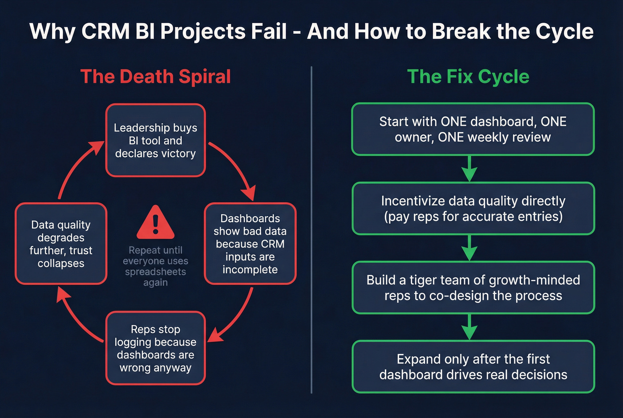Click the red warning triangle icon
tap(155, 223)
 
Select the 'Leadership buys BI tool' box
tap(155, 140)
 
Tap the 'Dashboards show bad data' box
tap(250, 243)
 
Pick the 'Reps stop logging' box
tap(155, 348)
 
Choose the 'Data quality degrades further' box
tap(61, 243)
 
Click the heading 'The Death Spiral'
tap(155, 77)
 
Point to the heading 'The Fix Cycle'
tap(468, 77)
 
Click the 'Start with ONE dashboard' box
tap(473, 129)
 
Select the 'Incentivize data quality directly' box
tap(473, 208)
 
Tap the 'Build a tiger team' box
tap(473, 288)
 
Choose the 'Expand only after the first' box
tap(473, 366)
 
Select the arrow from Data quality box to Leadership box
tap(73, 167)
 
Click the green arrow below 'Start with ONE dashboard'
tap(469, 169)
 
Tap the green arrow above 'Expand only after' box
tap(469, 327)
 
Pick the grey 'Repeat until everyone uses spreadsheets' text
tap(155, 266)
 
